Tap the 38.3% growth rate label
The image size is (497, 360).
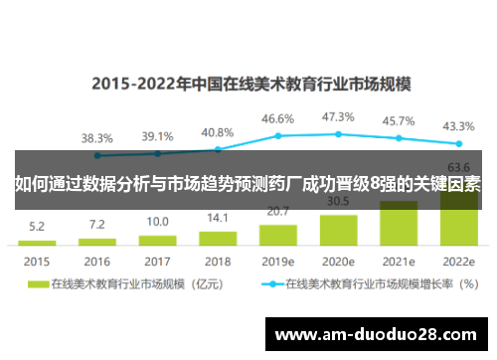96,138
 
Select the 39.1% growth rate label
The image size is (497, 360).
157,136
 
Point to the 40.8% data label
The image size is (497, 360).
217,132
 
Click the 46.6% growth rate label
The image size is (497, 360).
277,118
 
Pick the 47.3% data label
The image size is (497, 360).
338,116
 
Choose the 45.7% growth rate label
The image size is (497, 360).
398,120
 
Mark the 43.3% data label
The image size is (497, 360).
458,126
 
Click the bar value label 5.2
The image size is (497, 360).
37,226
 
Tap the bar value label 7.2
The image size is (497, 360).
96,224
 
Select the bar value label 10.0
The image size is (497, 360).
157,221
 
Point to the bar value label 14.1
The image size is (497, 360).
217,217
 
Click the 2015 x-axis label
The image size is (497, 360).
37,261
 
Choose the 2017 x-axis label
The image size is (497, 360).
157,261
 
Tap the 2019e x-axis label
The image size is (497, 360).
277,261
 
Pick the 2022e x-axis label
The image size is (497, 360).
458,261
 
